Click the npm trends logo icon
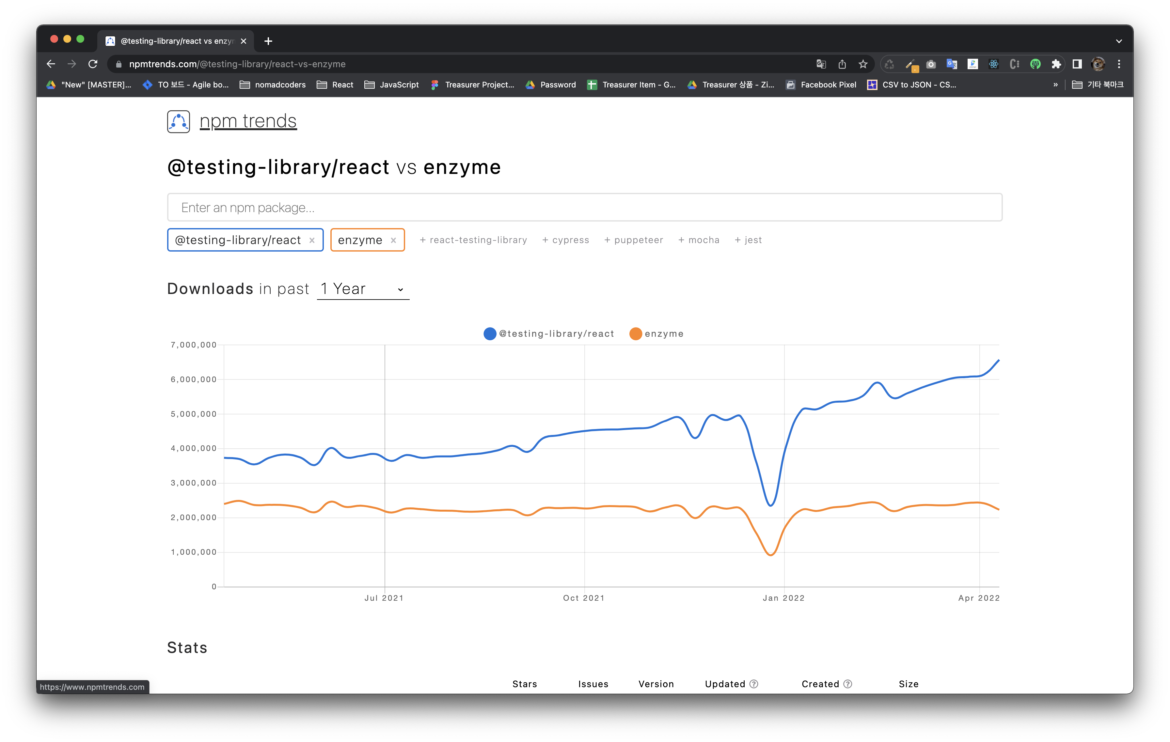(178, 121)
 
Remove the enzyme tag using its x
(394, 240)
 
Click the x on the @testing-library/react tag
(312, 240)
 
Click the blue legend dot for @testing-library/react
(490, 333)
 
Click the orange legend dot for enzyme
(636, 333)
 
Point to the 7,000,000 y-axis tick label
(193, 345)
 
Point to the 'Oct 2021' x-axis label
(584, 598)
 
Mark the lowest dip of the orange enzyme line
(771, 555)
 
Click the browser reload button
(93, 64)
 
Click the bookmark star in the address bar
(863, 64)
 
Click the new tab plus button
(268, 41)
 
